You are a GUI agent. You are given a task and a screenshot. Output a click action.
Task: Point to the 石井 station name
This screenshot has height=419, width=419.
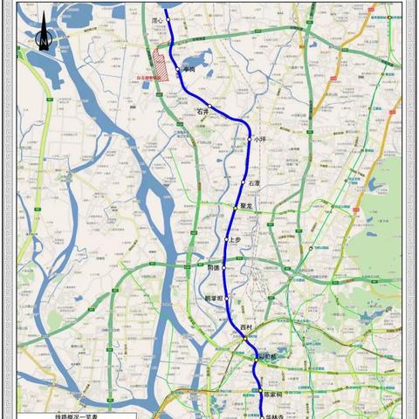tap(203, 112)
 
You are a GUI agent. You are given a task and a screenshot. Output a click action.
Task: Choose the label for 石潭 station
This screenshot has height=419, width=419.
tap(254, 183)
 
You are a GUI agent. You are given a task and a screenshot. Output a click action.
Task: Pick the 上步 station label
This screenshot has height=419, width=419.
tap(236, 240)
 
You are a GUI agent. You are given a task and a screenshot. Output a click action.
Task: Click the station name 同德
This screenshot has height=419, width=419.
tap(214, 268)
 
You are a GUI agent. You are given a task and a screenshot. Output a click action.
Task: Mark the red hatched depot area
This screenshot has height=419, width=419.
tap(161, 65)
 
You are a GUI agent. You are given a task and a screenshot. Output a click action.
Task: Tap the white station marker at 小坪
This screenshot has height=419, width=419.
tap(250, 140)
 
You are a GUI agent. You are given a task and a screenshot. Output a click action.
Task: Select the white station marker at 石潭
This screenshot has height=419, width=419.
tap(244, 182)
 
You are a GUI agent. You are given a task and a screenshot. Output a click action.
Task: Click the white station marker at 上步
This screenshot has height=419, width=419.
tap(227, 239)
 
